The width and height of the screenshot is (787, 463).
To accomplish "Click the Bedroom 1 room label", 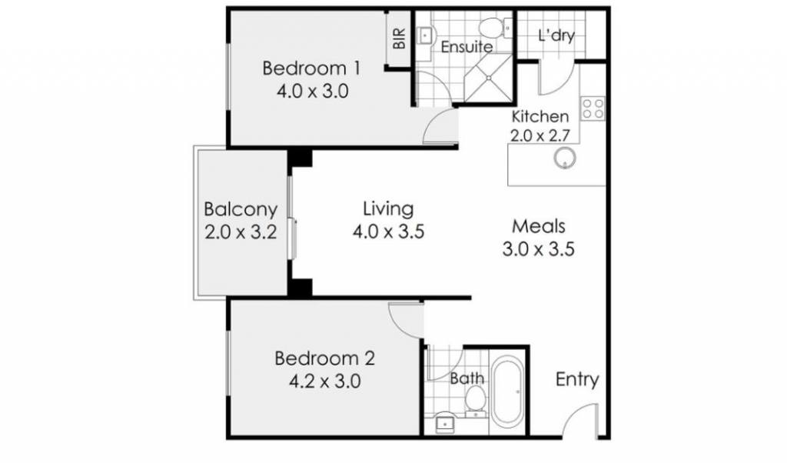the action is (x=311, y=68).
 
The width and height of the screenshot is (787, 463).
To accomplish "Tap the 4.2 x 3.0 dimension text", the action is (x=325, y=381).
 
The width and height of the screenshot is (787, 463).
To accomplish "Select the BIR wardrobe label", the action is (x=399, y=38).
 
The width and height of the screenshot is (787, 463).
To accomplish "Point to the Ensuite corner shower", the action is (x=488, y=78).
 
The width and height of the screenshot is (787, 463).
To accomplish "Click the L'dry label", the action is (x=556, y=35).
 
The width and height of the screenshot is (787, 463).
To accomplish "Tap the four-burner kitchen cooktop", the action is (x=593, y=109).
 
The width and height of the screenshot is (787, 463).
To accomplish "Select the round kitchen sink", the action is (x=565, y=158).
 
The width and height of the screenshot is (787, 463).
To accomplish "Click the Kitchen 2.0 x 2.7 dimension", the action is (x=540, y=135).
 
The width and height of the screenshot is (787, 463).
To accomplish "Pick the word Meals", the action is (x=539, y=226).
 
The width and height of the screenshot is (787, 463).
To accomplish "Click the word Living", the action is (x=388, y=208).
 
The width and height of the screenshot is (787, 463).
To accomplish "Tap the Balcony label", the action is (x=241, y=209).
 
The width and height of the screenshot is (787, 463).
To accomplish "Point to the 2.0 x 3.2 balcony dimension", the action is (x=241, y=232).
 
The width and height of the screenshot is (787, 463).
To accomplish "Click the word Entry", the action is (x=577, y=380).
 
